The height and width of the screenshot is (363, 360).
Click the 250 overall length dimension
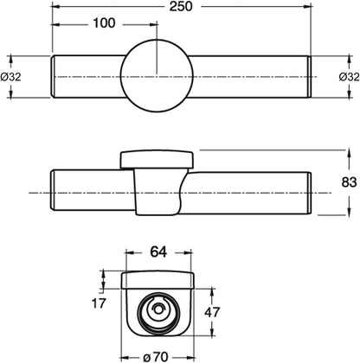click(181, 6)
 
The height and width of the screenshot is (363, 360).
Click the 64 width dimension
click(157, 253)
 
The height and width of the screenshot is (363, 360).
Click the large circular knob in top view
click(156, 76)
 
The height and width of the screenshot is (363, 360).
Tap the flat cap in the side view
click(157, 157)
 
